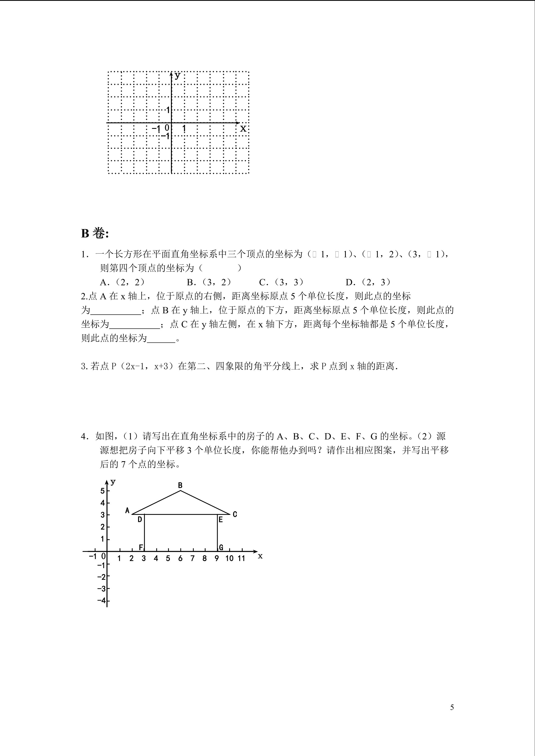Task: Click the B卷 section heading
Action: coord(95,234)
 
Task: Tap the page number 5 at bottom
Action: coord(452,707)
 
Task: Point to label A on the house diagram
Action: coord(127,511)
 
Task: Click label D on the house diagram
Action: coord(140,520)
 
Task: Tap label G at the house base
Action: coord(221,547)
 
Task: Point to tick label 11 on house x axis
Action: coord(242,558)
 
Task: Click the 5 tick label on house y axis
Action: coord(102,491)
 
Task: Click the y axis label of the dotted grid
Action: coord(178,75)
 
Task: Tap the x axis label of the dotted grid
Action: coord(243,129)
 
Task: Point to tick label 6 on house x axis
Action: coord(180,558)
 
